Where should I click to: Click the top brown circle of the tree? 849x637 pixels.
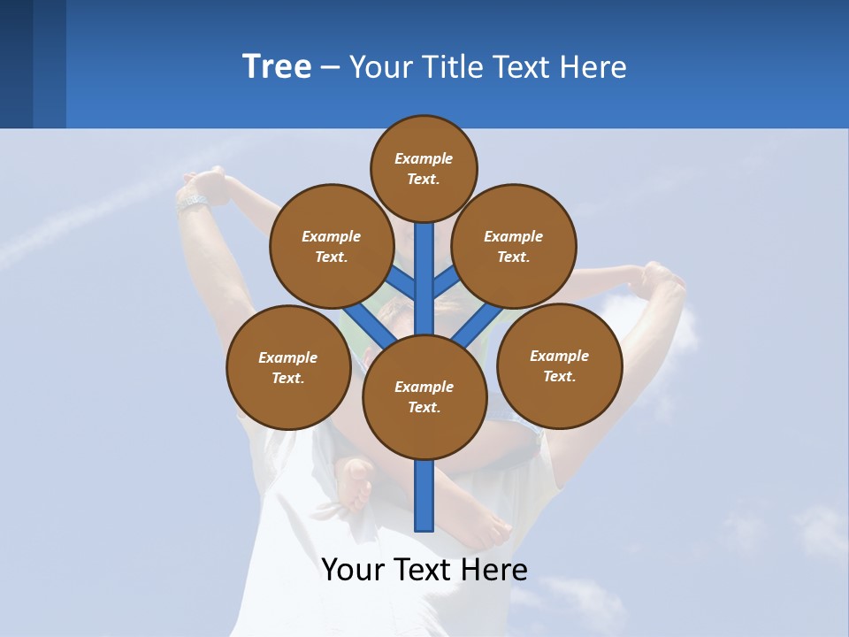(424, 168)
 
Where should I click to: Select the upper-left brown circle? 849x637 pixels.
(331, 246)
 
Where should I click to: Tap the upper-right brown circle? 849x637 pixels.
(514, 246)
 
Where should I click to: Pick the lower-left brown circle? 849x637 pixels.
(288, 367)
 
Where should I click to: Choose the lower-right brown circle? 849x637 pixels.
(559, 365)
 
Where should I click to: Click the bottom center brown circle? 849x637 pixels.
(424, 396)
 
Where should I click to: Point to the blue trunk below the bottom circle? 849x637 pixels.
(424, 495)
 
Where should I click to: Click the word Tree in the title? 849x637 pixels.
(277, 66)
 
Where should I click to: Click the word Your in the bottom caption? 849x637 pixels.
(354, 569)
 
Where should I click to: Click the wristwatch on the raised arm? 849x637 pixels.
(191, 203)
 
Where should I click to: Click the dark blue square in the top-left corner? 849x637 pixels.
(16, 64)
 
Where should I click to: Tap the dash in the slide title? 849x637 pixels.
(330, 67)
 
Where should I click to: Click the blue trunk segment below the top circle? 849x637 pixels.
(424, 265)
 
